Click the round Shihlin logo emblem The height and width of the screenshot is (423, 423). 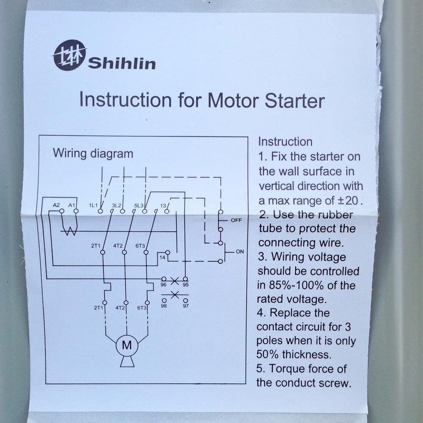69,56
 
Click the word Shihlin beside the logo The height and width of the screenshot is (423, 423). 122,63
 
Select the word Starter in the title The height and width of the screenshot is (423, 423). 295,101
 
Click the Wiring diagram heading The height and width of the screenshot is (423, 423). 93,153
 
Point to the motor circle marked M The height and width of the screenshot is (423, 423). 127,345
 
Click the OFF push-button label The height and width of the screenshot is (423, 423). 236,220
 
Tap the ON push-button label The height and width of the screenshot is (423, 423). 240,252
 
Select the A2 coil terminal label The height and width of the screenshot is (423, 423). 56,205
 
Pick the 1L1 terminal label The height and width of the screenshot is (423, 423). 93,206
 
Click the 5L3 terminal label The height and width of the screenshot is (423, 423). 139,206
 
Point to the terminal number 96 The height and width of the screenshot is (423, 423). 163,284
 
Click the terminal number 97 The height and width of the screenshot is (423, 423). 186,306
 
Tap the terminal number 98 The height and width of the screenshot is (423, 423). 164,306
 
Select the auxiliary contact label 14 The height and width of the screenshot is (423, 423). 162,258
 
